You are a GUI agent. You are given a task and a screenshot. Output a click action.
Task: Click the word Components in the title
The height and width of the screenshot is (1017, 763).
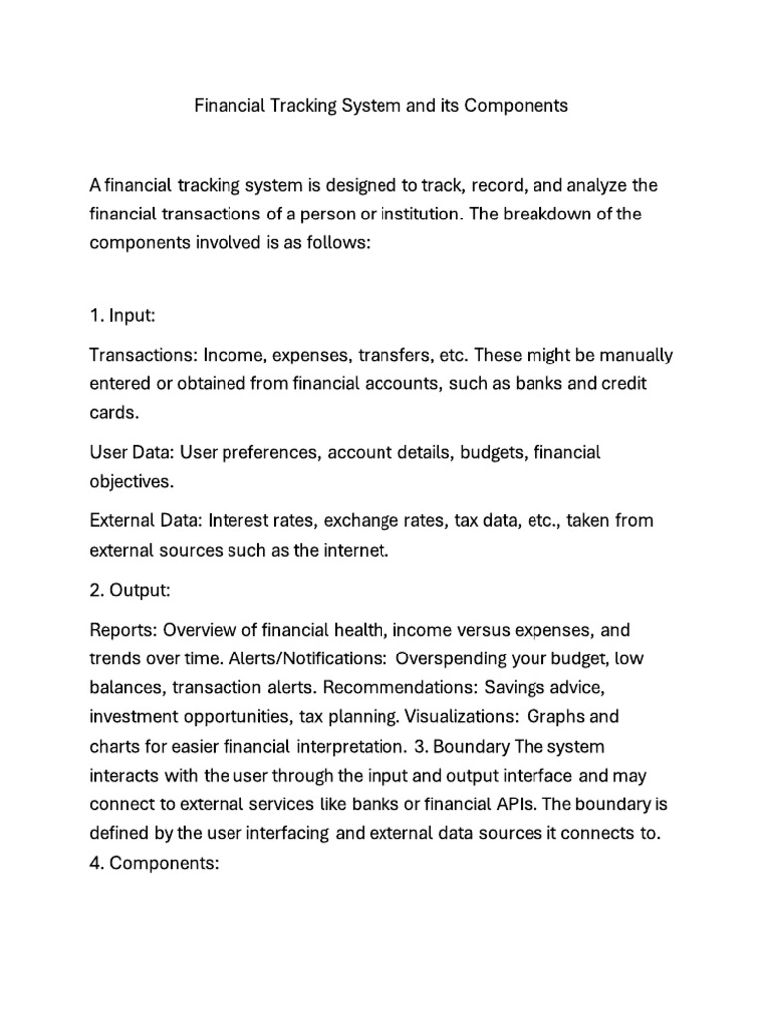pyautogui.click(x=514, y=106)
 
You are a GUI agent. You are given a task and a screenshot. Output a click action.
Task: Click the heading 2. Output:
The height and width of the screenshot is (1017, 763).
pyautogui.click(x=130, y=590)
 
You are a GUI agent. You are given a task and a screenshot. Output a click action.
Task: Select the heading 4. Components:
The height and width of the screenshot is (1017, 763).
pyautogui.click(x=153, y=863)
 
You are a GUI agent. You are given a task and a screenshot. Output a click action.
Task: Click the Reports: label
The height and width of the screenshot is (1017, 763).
pyautogui.click(x=123, y=631)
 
